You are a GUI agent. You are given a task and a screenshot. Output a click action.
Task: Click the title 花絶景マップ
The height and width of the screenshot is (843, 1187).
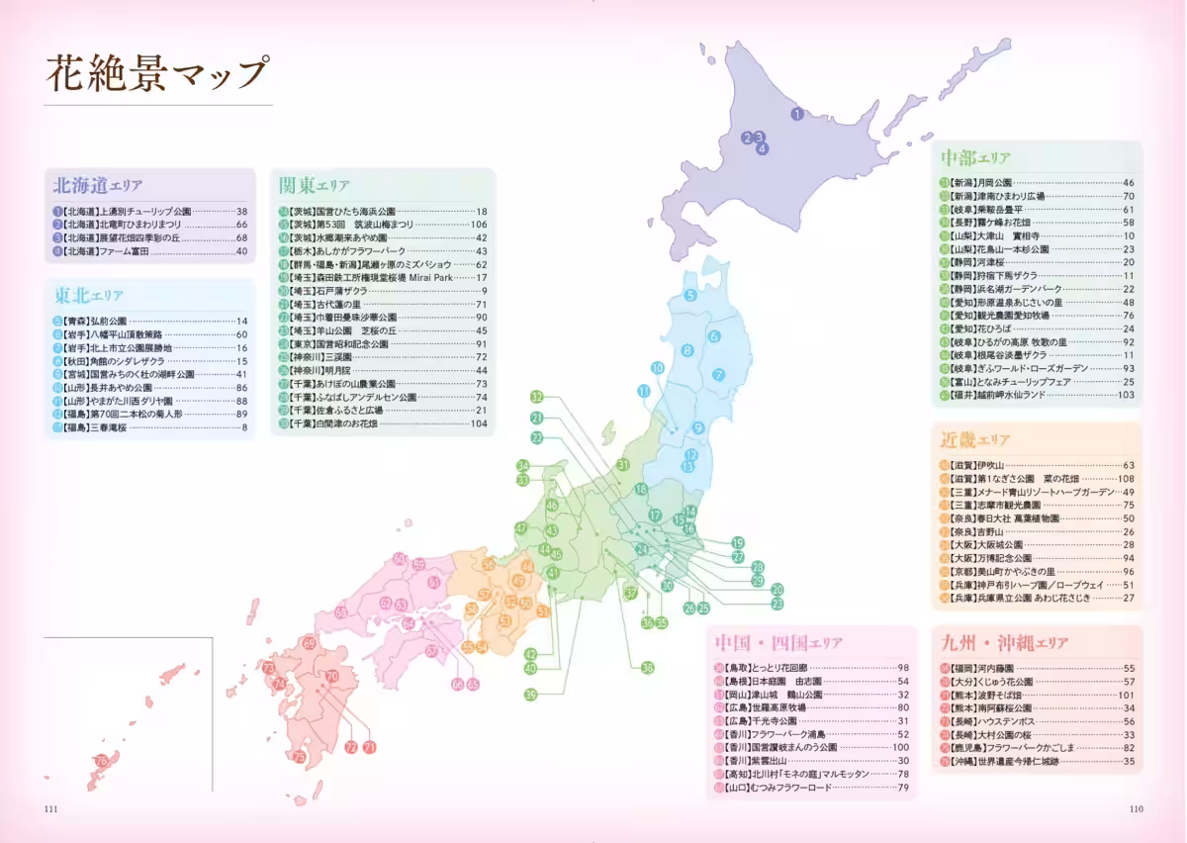click(157, 74)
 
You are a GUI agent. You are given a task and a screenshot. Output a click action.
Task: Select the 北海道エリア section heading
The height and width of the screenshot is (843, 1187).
click(98, 185)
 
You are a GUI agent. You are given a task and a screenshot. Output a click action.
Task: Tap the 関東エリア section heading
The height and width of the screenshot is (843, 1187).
click(314, 185)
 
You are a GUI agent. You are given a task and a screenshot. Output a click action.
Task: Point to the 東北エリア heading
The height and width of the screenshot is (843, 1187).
click(89, 295)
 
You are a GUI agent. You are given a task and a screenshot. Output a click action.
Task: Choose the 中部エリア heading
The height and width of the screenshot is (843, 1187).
click(974, 158)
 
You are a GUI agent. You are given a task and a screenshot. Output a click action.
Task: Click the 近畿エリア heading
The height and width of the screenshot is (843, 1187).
click(974, 440)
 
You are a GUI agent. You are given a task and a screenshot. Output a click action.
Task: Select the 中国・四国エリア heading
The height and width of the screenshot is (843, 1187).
click(776, 643)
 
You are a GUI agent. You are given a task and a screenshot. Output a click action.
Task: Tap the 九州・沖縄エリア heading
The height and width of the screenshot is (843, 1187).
click(1004, 643)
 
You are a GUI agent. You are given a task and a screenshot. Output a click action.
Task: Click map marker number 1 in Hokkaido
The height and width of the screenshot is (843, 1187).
click(796, 115)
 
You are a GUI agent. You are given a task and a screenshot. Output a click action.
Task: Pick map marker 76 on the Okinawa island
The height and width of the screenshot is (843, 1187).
click(102, 761)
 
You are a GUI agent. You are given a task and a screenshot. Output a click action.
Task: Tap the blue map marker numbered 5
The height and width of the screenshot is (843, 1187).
click(690, 295)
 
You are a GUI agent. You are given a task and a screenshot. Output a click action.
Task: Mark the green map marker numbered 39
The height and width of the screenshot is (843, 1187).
click(530, 694)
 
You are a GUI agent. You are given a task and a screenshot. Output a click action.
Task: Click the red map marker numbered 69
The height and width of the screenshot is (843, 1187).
click(310, 643)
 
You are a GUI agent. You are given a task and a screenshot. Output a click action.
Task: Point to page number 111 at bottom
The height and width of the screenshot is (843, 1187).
click(51, 809)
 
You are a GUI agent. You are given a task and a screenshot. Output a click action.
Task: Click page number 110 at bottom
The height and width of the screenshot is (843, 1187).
click(1136, 809)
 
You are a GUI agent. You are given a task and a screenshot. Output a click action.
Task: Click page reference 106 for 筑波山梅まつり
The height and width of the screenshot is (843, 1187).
click(479, 225)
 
